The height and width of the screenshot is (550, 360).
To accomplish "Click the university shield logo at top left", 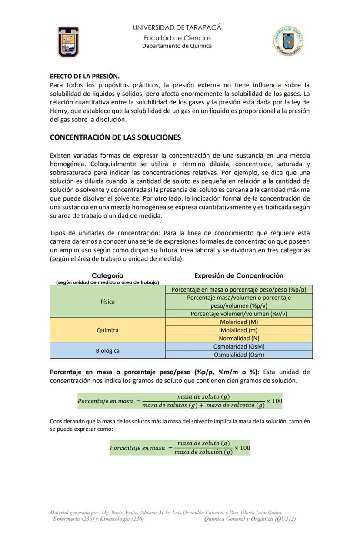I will (x=68, y=42).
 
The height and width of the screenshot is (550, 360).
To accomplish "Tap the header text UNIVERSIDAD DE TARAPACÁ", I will (x=177, y=27).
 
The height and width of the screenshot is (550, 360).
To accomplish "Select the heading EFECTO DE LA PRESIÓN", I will (x=85, y=76).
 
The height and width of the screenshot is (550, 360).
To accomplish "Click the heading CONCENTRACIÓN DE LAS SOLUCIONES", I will (x=115, y=137).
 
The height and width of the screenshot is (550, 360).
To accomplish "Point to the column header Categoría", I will (x=107, y=275).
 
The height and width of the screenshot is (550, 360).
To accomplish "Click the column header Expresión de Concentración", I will (x=239, y=275).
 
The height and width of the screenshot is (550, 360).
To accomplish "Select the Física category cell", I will (x=107, y=302).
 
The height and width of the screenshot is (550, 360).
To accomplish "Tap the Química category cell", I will (x=107, y=330).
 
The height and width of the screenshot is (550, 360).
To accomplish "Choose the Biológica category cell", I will (x=107, y=351).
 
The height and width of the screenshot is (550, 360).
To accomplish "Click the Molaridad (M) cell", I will (x=239, y=322).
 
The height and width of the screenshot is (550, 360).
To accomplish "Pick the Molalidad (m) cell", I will (x=239, y=330).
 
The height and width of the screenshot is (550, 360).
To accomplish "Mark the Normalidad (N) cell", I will (x=239, y=339).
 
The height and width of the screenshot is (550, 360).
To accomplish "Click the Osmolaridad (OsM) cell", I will (x=239, y=347).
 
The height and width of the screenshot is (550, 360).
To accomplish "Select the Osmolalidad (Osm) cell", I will (x=239, y=355).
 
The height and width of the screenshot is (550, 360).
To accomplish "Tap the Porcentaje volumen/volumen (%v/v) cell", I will (x=239, y=314).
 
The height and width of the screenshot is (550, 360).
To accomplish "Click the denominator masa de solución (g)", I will (x=203, y=452).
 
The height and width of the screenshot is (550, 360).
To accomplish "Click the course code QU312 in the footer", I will (x=285, y=519).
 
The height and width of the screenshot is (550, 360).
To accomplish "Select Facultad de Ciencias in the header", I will (x=177, y=38).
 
